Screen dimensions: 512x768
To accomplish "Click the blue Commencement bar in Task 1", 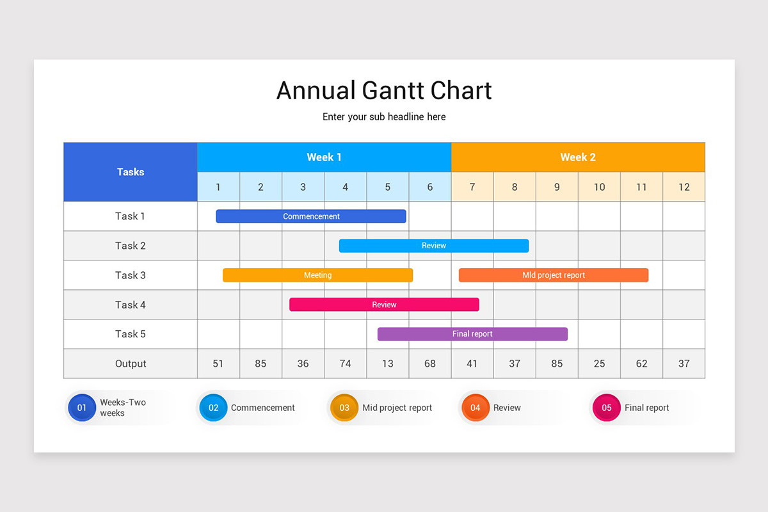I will [x=311, y=216].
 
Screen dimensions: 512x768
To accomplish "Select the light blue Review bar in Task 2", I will [x=434, y=246].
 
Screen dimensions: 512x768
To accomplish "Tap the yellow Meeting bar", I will [x=317, y=275].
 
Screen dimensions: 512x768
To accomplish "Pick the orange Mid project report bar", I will [x=554, y=275].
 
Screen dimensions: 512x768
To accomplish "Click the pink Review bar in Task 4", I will [x=384, y=305].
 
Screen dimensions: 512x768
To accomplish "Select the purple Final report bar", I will [x=472, y=334].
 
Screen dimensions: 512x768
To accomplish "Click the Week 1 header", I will [x=324, y=157].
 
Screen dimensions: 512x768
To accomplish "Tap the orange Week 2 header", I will [x=578, y=157].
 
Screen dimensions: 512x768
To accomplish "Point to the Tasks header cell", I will [x=131, y=172].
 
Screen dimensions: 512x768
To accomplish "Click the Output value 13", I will [x=388, y=364].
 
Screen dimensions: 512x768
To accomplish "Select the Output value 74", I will [x=346, y=364].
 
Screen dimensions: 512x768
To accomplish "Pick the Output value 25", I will [x=599, y=364].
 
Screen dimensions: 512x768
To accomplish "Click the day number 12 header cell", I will [x=684, y=187].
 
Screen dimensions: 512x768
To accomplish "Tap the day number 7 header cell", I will [x=472, y=187].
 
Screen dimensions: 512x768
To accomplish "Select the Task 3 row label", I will [x=131, y=275].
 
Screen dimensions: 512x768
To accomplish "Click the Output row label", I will [x=131, y=364].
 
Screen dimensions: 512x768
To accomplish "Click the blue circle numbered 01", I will [x=82, y=408].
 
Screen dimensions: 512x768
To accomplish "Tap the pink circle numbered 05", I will [x=607, y=408].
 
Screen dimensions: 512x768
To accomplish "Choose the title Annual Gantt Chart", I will [x=384, y=90].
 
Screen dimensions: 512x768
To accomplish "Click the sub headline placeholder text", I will [x=384, y=117].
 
